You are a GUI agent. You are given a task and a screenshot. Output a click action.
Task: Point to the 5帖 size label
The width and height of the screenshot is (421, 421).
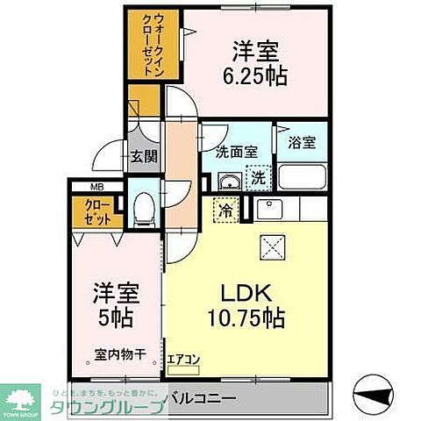[115, 317]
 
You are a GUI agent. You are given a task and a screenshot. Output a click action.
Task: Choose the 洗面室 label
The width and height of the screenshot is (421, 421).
[237, 151]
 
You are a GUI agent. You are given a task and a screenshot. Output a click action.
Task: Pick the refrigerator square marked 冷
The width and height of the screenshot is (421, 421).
[225, 210]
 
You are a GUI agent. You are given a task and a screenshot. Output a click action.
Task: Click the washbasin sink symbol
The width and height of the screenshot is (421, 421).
[229, 182]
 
